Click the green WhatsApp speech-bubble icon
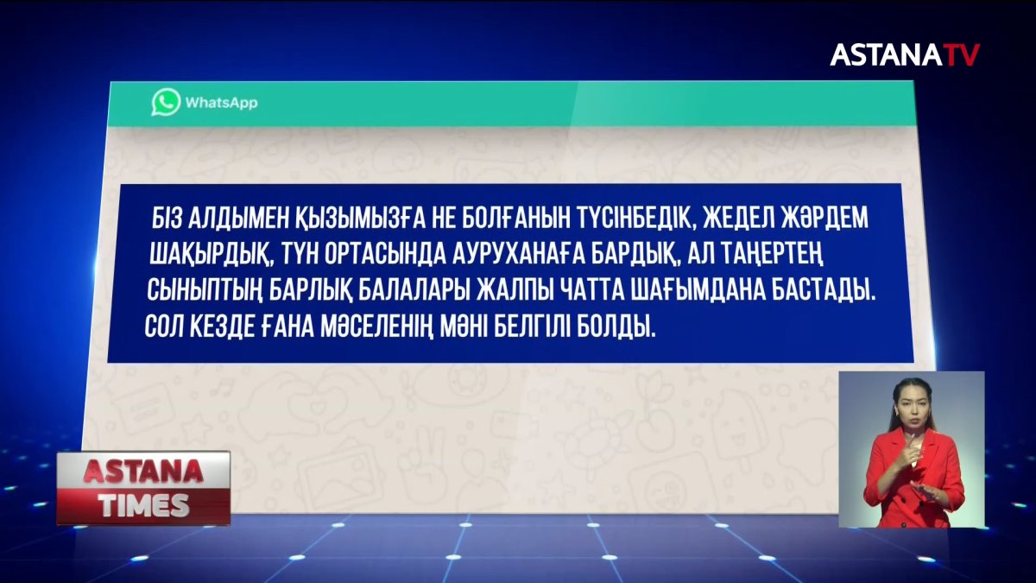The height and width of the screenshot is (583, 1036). coord(166,102)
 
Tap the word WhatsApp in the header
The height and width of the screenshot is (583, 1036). coord(220,103)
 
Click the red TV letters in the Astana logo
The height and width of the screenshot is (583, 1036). coord(960,55)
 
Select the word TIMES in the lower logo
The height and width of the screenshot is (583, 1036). coord(143,506)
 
